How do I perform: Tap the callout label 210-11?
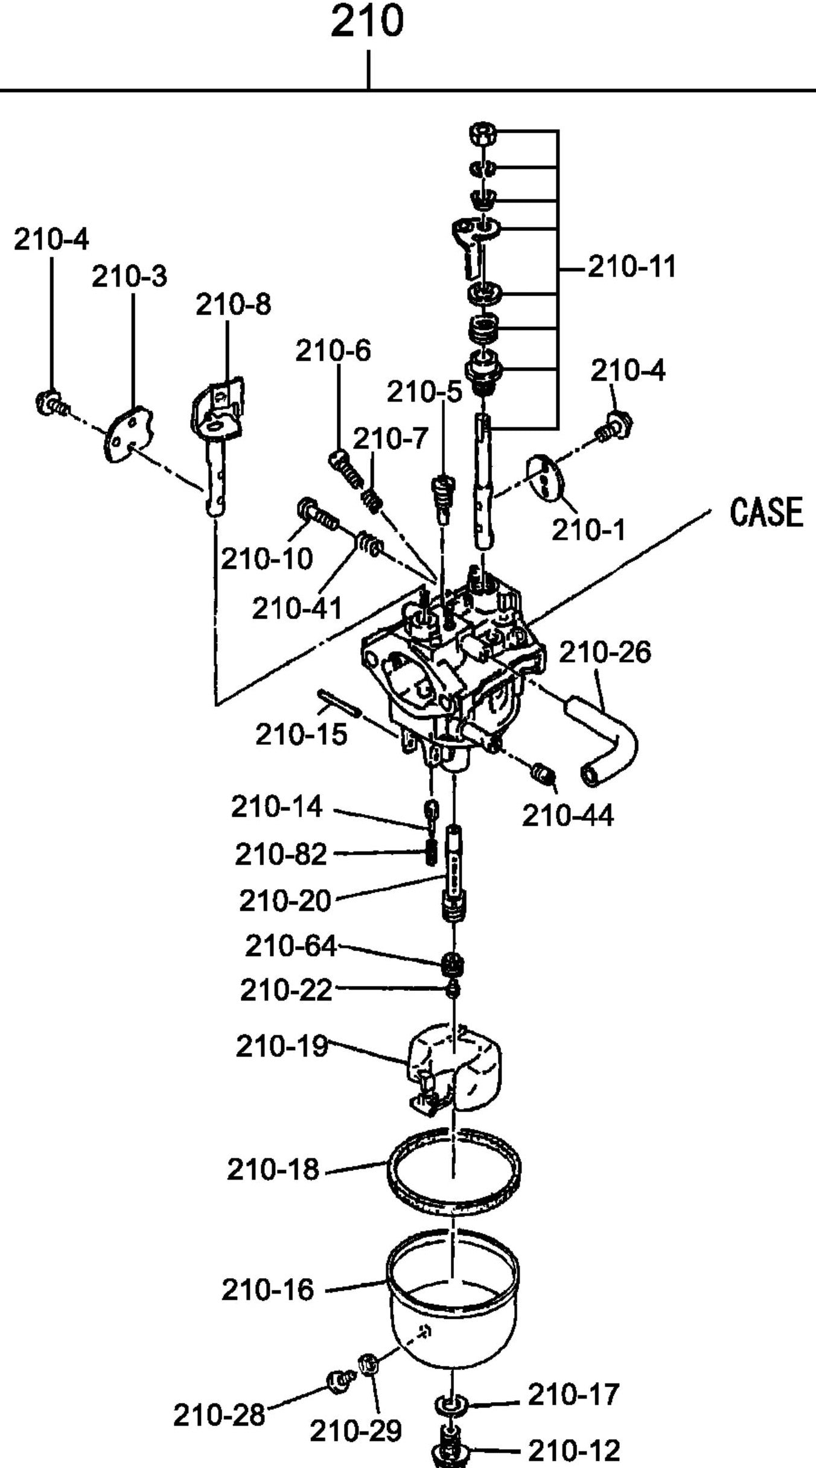coord(631,266)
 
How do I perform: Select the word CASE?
coord(766,513)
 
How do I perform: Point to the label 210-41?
coord(297,608)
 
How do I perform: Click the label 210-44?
coord(567,815)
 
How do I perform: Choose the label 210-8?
coord(233,305)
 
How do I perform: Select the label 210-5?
coord(424,392)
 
